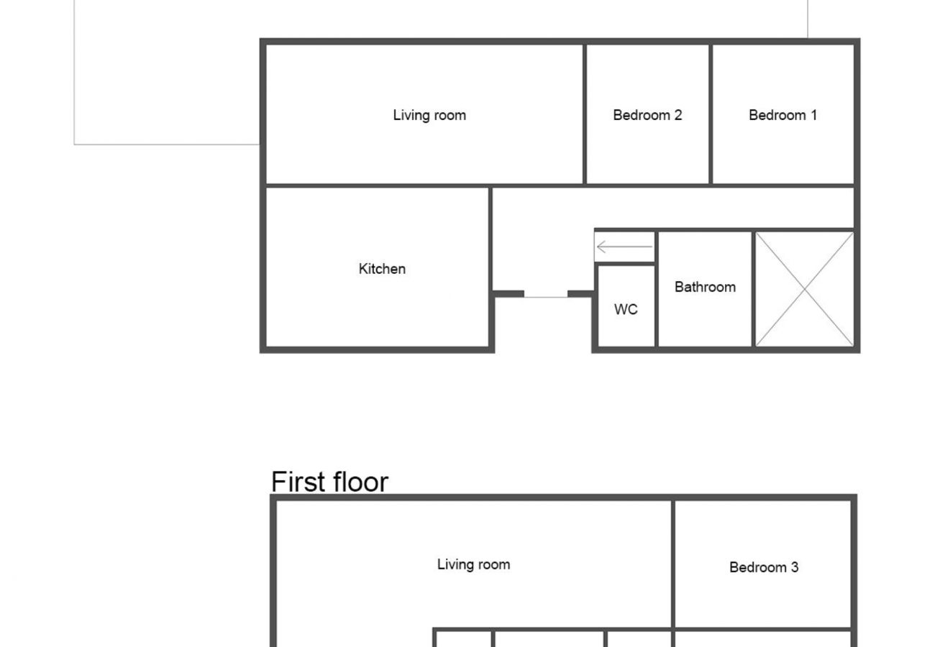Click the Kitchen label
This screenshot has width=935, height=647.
coord(382,269)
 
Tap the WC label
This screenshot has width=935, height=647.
coord(626,310)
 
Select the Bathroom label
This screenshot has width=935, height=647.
coord(705,287)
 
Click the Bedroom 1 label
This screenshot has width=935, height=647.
coord(783,115)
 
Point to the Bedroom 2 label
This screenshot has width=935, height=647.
coord(647,115)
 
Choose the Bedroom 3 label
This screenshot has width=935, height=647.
coord(763,567)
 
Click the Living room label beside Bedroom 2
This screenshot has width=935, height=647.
coord(429,115)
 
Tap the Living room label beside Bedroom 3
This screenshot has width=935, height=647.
coord(473,564)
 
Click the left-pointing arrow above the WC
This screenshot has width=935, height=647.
coord(624,247)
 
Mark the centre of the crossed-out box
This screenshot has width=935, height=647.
coord(804,289)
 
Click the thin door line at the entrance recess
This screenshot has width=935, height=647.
coord(545,296)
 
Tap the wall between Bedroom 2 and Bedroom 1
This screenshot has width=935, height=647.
coord(711,114)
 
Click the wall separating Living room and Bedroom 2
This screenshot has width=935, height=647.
coord(585,114)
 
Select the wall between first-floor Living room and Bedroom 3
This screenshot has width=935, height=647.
coord(673,564)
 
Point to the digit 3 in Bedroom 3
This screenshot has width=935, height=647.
coord(794,567)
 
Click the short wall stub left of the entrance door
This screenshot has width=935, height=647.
coord(508,293)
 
